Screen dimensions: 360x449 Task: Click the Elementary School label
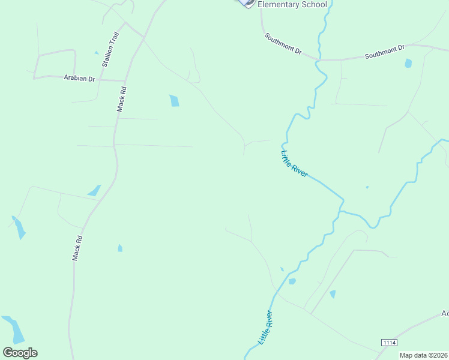[292, 5]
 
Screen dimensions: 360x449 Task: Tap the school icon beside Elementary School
[246, 3]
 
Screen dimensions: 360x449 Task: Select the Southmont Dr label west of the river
[283, 44]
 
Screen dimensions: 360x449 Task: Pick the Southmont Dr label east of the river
[385, 51]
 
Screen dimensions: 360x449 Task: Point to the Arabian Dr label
[79, 79]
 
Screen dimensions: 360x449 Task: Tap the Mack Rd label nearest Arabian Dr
[122, 100]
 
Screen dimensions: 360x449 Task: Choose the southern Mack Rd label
[77, 247]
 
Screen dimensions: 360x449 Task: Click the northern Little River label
[294, 163]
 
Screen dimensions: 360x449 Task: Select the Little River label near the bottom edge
[265, 327]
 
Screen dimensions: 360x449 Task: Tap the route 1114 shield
[389, 342]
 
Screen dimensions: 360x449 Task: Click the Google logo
[20, 353]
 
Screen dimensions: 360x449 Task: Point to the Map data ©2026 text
[423, 355]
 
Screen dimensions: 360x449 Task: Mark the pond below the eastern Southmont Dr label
[408, 63]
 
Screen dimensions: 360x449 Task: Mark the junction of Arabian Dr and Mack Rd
[125, 80]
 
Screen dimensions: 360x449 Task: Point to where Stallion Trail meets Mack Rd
[143, 37]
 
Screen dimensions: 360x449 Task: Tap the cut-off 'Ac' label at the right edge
[445, 313]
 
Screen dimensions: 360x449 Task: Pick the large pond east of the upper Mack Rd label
[174, 100]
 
